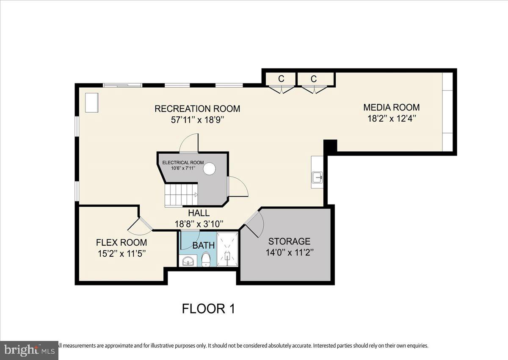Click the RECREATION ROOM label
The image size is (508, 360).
[x=197, y=109]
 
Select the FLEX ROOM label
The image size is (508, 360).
[x=121, y=243]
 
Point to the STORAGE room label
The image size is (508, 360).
[x=290, y=241]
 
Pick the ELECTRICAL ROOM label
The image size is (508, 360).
[x=183, y=163]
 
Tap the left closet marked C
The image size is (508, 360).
[x=281, y=79]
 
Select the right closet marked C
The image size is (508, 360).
[x=314, y=79]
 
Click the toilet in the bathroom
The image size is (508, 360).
[x=206, y=259]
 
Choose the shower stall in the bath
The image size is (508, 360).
[x=228, y=249]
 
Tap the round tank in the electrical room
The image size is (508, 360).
[x=210, y=169]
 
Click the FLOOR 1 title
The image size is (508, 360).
[x=208, y=308]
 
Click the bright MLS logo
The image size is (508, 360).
[x=29, y=350]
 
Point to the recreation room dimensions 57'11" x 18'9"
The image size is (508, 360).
[x=197, y=120]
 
